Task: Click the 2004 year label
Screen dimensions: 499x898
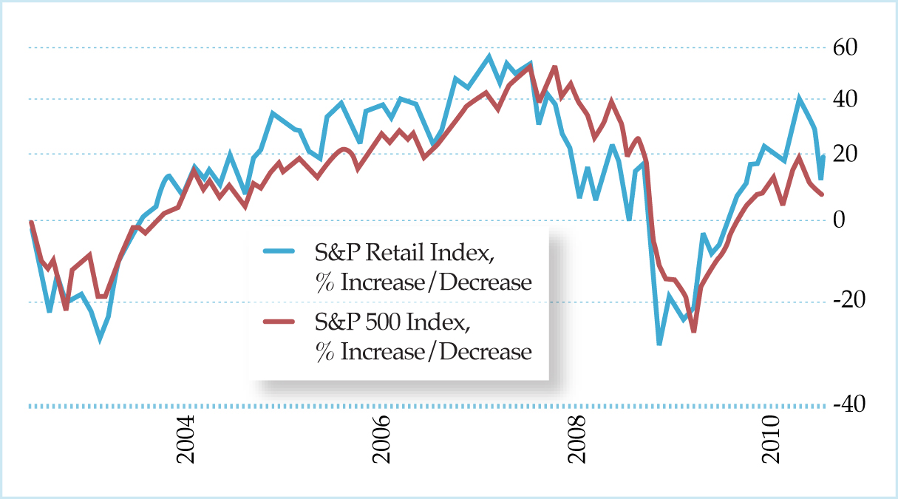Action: tap(187, 441)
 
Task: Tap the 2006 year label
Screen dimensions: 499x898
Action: tap(382, 441)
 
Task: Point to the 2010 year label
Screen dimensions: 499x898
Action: tap(772, 441)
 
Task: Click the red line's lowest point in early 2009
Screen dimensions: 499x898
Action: tap(693, 330)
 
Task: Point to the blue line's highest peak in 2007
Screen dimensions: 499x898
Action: tap(489, 55)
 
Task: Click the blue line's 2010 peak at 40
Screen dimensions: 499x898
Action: tap(798, 98)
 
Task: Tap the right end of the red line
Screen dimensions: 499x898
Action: tap(823, 194)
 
